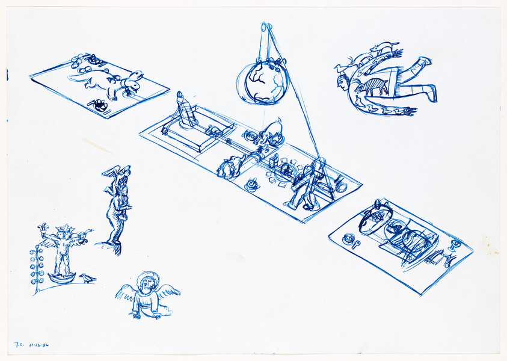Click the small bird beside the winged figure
[88, 278]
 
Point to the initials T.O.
[18, 346]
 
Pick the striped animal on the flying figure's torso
[373, 86]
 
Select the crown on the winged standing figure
[63, 229]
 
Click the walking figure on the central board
[306, 184]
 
